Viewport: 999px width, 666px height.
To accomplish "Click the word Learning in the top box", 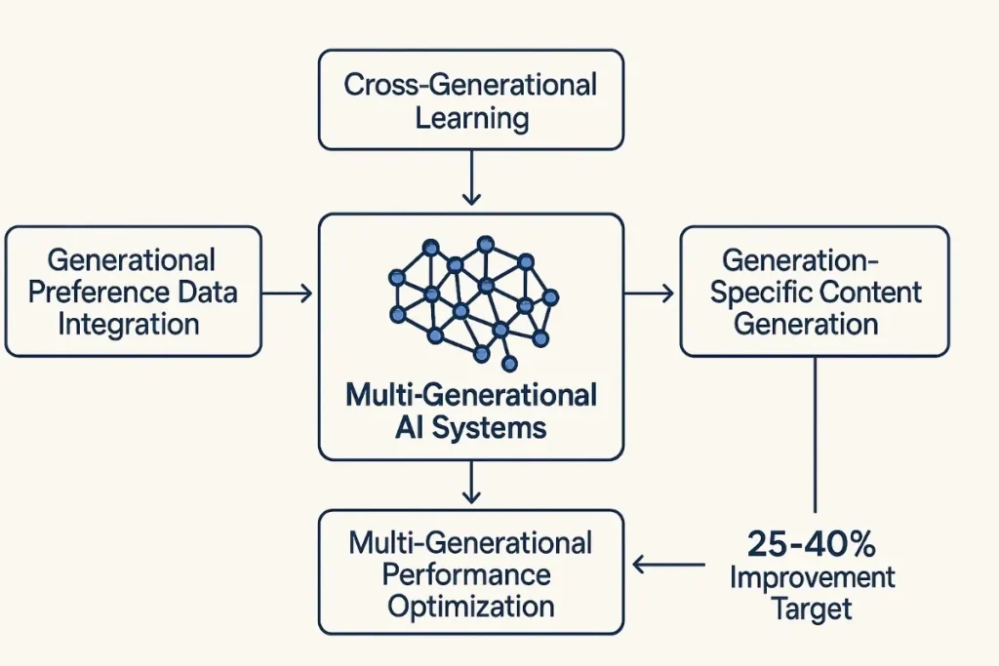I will point(471,118).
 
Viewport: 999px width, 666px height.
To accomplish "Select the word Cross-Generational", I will point(470,85).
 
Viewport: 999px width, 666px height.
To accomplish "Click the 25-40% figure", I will point(811,542).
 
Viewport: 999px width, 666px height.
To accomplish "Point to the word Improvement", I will point(812,576).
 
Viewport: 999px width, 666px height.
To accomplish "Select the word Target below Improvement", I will point(812,609).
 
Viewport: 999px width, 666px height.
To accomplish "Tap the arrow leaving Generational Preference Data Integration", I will point(287,292).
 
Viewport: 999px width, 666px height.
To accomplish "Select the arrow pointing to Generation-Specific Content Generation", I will point(649,292).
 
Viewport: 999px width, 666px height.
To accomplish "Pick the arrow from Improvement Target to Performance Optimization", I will point(668,565).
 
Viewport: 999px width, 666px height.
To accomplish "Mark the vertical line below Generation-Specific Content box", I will point(815,434).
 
